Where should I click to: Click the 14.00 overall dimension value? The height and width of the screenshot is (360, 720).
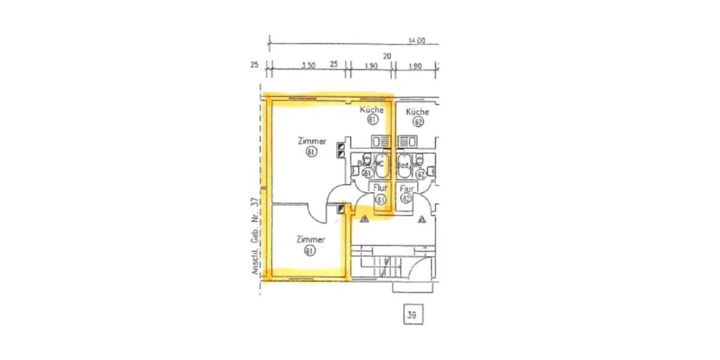click(416, 41)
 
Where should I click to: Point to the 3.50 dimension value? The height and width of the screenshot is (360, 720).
click(308, 66)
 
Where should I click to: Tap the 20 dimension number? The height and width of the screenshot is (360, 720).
click(387, 56)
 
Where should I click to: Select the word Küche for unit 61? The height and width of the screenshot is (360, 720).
click(371, 110)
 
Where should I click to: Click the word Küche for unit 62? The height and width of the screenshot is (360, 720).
click(417, 112)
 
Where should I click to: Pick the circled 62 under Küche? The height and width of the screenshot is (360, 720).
click(418, 122)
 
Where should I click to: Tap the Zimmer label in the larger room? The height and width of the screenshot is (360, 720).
click(312, 142)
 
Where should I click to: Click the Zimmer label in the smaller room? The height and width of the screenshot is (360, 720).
click(311, 240)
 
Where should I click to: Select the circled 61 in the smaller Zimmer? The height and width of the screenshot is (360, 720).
click(310, 251)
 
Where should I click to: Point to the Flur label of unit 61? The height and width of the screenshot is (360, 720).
click(380, 188)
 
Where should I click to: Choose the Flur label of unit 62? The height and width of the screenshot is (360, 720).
click(407, 188)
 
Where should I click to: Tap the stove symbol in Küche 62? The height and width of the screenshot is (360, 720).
click(408, 142)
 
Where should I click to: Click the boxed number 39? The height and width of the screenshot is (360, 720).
click(412, 314)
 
